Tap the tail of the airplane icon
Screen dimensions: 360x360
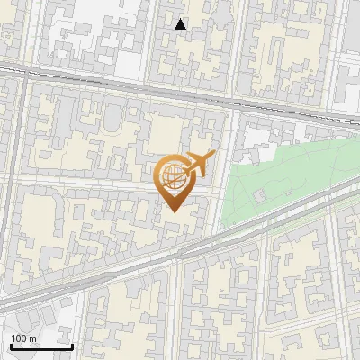185,169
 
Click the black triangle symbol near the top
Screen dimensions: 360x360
181,25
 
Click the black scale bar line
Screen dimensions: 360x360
40,346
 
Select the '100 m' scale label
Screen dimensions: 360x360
24,338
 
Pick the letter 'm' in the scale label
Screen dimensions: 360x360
32,338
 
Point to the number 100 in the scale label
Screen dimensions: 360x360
19,338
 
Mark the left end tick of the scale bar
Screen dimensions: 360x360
10,345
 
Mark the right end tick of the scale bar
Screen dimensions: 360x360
72,345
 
